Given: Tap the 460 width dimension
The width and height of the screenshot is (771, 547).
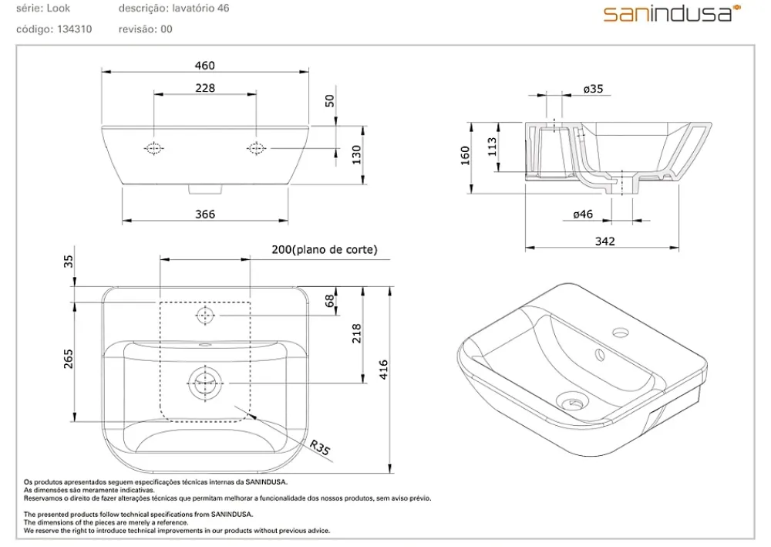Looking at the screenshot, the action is [x=205, y=66].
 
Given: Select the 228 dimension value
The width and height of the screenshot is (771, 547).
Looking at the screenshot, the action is [x=205, y=88].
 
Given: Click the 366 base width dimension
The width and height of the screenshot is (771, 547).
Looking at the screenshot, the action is [x=205, y=214].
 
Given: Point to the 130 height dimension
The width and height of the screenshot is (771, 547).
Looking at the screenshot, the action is [x=357, y=155].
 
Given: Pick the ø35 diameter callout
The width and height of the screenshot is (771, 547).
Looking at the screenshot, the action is [x=593, y=89].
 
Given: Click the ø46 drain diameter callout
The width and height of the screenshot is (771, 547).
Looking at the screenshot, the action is [x=583, y=214].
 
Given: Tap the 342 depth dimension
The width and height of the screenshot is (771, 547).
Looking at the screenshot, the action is [x=604, y=241].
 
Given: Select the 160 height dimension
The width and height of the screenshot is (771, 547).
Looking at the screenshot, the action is [x=465, y=155].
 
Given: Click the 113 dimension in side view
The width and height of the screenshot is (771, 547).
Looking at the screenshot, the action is [x=492, y=147].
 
